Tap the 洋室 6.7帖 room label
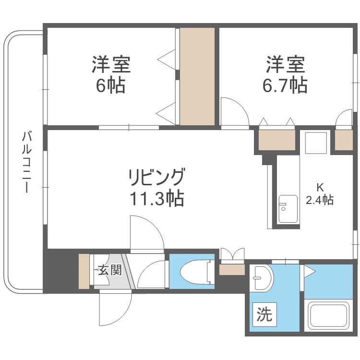[x=284, y=74]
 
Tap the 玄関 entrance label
[x=109, y=270]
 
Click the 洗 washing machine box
[x=264, y=315]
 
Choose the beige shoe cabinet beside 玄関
[x=84, y=271]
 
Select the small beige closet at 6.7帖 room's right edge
[x=344, y=140]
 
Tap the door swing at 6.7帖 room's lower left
[x=234, y=112]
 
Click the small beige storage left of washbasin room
[x=232, y=269]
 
